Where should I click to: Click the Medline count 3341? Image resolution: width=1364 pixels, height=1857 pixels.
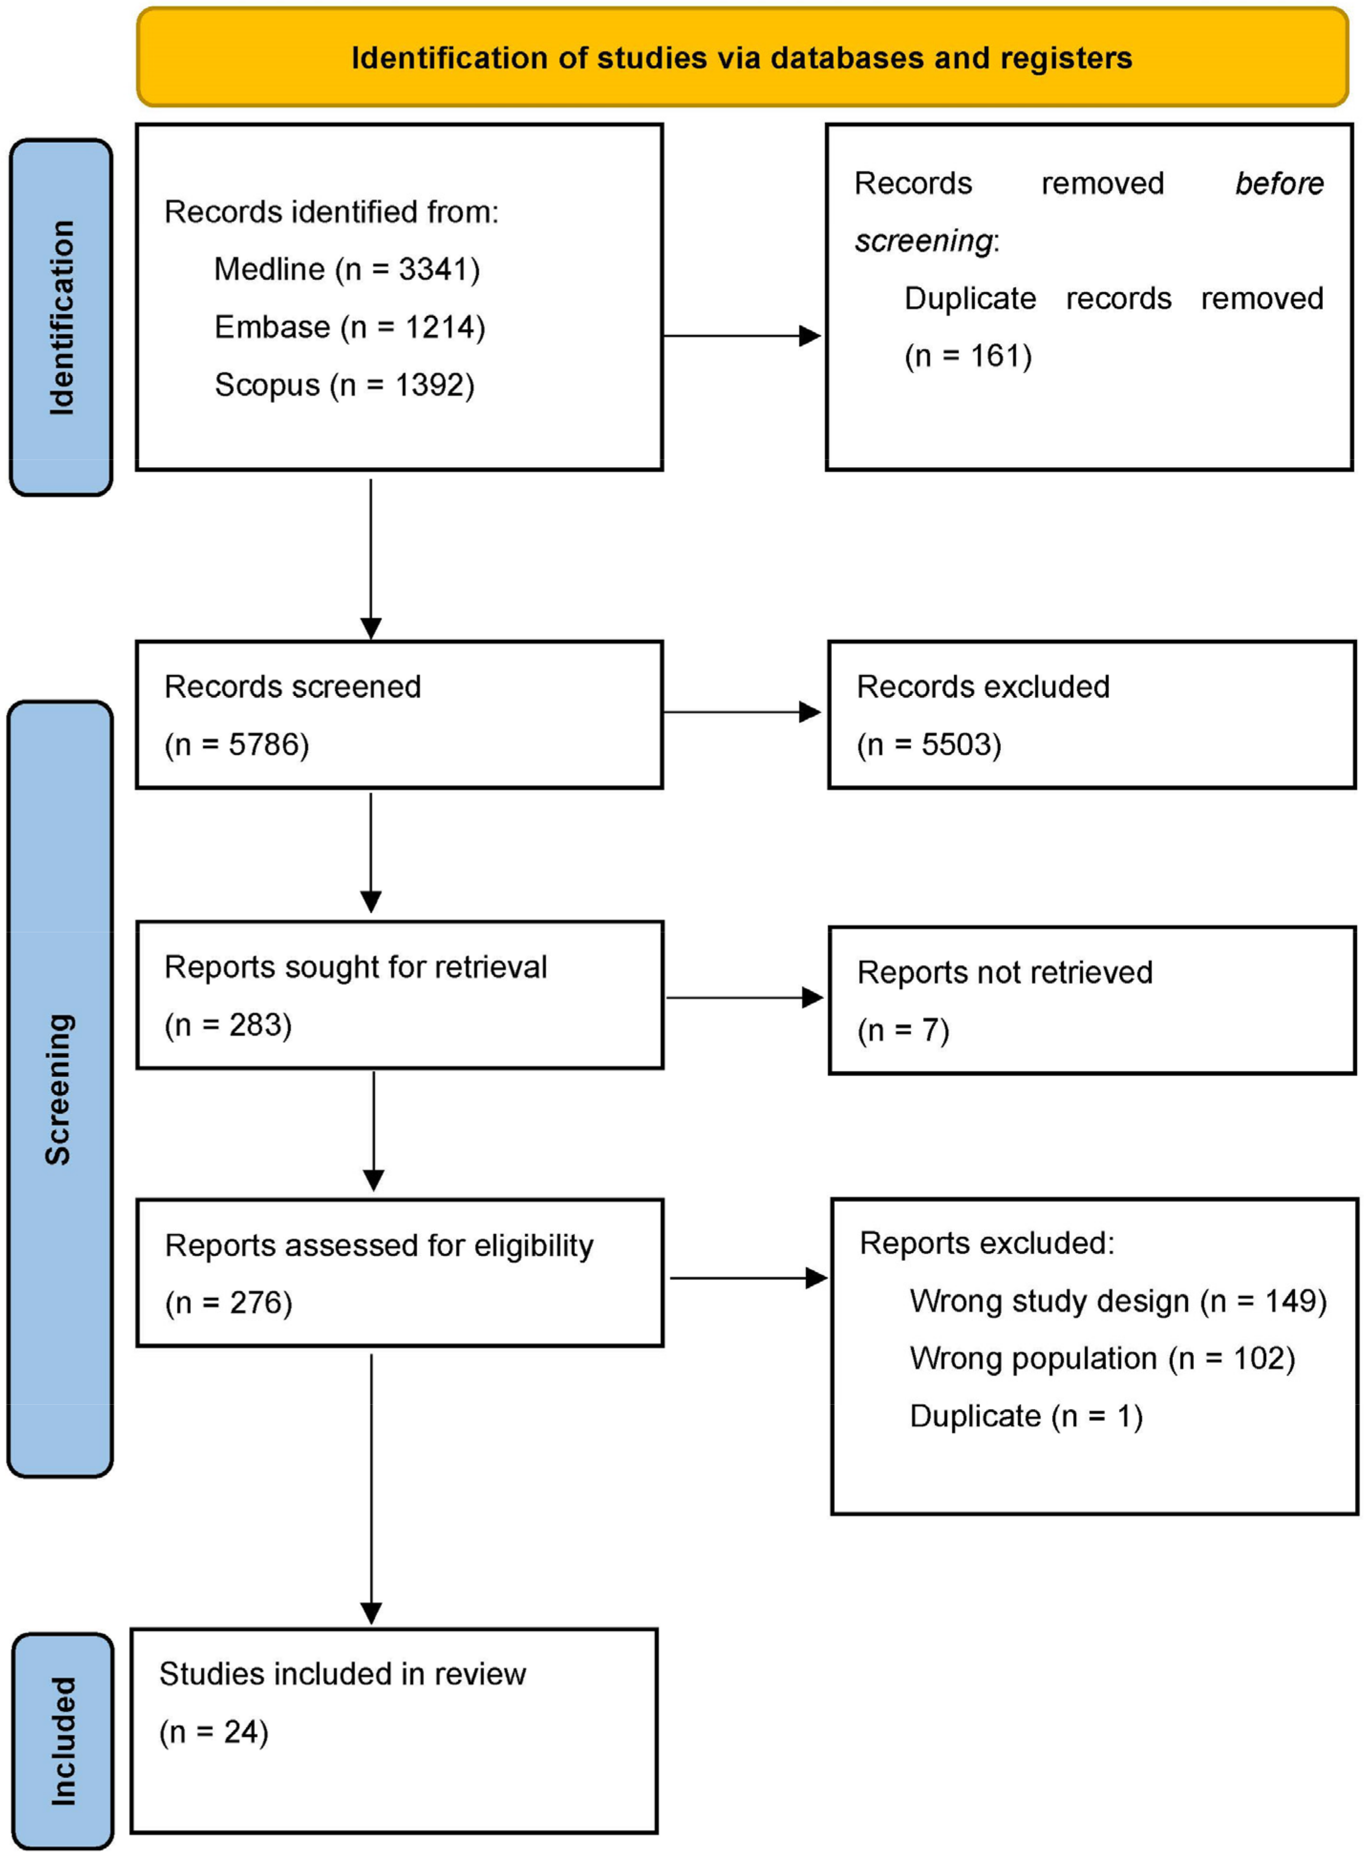point(434,269)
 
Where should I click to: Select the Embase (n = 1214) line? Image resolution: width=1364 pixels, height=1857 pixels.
point(349,327)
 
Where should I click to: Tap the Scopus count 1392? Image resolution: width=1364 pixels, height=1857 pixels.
point(429,385)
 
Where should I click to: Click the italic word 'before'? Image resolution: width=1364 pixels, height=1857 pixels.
point(1278,183)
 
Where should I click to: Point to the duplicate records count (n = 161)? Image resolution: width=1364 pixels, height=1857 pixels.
point(968,356)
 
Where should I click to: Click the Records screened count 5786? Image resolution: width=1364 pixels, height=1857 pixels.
point(263,745)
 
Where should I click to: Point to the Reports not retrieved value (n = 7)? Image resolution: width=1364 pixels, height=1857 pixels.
point(903,1031)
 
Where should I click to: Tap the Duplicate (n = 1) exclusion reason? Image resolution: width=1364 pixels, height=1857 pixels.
point(1025,1416)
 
